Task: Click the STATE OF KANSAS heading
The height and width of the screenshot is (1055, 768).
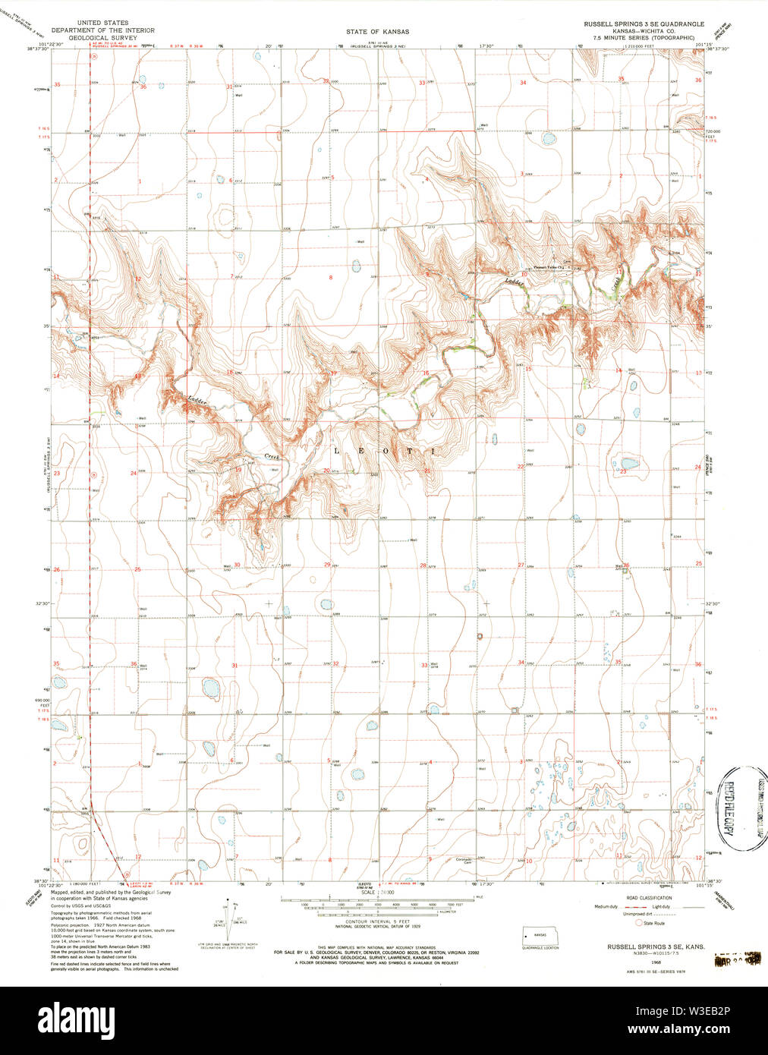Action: click(377, 32)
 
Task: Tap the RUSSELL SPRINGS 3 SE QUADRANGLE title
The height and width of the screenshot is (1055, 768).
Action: click(644, 24)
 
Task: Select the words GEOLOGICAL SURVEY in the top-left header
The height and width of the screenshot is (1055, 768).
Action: click(102, 37)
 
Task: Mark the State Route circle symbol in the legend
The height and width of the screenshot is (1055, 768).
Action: click(640, 924)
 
